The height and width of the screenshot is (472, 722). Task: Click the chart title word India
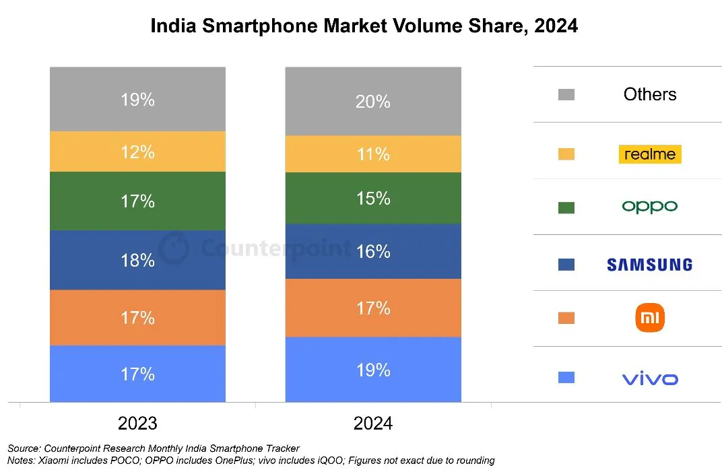click(x=174, y=26)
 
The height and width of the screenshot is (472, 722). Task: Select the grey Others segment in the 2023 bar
click(x=137, y=99)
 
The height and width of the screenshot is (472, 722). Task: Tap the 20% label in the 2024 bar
click(x=373, y=101)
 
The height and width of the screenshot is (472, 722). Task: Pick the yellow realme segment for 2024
click(x=373, y=154)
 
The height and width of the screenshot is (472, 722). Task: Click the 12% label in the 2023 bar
click(x=137, y=152)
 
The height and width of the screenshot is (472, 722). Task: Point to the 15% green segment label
click(x=373, y=199)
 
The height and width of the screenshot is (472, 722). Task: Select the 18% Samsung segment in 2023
click(x=137, y=260)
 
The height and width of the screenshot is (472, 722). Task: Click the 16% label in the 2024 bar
click(x=373, y=251)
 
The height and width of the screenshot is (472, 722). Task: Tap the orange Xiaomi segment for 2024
click(x=373, y=308)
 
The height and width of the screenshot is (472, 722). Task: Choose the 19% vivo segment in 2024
click(x=373, y=369)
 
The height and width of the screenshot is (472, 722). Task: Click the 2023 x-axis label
click(x=137, y=424)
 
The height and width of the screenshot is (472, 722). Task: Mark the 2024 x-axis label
click(x=373, y=424)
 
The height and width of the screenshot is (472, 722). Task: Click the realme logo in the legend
click(x=650, y=154)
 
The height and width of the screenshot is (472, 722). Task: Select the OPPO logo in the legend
click(x=650, y=207)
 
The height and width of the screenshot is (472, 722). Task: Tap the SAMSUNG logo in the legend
click(x=650, y=265)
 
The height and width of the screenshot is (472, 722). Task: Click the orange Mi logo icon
click(x=650, y=318)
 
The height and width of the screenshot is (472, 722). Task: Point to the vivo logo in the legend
click(x=650, y=379)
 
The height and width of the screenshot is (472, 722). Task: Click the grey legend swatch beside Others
click(x=566, y=94)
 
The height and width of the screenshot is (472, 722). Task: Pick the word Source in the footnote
click(x=24, y=448)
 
